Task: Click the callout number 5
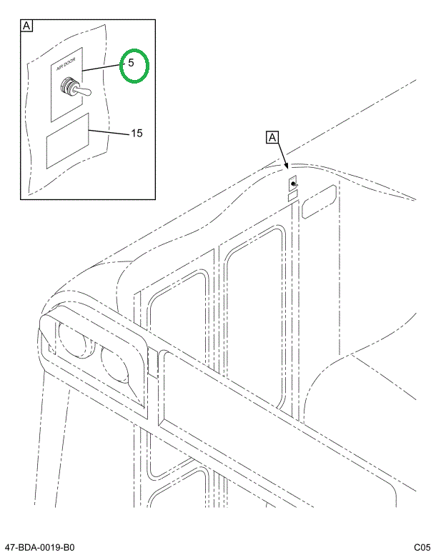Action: click(131, 63)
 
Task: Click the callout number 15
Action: click(137, 133)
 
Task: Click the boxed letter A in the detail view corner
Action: click(26, 27)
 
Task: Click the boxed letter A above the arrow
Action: click(272, 136)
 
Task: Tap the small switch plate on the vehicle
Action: click(293, 186)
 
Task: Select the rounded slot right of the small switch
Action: click(319, 201)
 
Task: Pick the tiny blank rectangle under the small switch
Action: click(292, 195)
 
